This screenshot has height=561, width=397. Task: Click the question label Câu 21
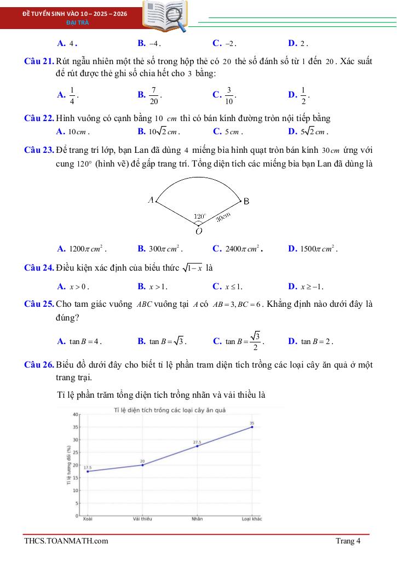(x=39, y=61)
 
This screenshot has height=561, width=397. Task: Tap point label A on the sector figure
(x=151, y=200)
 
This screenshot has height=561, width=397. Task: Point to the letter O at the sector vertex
(x=199, y=231)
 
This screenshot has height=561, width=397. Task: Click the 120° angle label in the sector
(x=200, y=217)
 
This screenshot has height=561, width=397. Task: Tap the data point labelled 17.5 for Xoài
(x=88, y=471)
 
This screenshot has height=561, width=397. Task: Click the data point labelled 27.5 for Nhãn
(x=197, y=446)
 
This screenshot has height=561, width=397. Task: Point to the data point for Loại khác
(x=252, y=427)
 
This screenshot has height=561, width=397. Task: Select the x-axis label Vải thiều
(x=142, y=519)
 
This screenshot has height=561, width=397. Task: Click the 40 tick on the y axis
(x=75, y=414)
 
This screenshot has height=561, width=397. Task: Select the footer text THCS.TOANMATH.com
(x=66, y=541)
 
